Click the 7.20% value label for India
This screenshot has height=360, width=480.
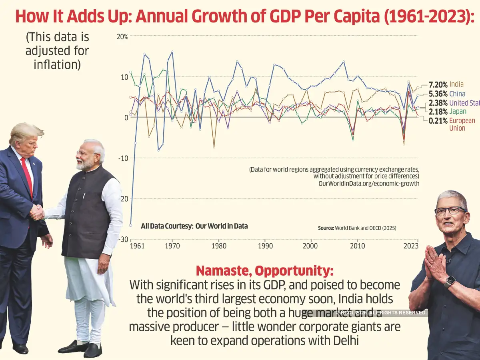click(x=438, y=84)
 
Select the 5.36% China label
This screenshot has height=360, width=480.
click(x=438, y=94)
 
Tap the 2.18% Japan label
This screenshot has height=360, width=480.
click(x=438, y=112)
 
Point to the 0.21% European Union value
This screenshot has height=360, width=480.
click(x=438, y=121)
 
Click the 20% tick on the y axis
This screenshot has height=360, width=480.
click(x=122, y=36)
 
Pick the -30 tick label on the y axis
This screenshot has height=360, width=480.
click(x=123, y=239)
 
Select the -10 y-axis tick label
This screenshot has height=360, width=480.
click(x=123, y=158)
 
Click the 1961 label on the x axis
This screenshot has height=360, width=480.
click(x=137, y=246)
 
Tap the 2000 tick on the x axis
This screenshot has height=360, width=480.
click(x=310, y=246)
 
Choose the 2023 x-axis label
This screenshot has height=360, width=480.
click(x=411, y=246)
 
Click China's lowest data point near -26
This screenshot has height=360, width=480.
click(x=131, y=226)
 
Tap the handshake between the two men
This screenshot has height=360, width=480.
click(x=37, y=212)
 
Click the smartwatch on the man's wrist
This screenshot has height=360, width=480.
click(x=449, y=281)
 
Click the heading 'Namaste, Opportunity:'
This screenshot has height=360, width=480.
click(x=264, y=271)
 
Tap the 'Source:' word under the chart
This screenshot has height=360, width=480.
click(x=326, y=228)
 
